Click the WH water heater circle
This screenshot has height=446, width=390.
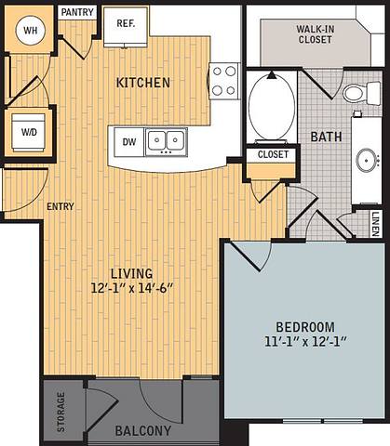pos(30,31)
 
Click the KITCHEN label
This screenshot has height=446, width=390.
pos(142,83)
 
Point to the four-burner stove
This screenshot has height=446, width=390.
pos(224,80)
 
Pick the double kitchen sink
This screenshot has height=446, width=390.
pos(166,141)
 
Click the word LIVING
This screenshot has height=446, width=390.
pos(131,272)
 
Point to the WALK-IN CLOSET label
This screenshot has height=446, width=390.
pos(316,35)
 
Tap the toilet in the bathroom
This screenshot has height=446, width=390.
pos(355,93)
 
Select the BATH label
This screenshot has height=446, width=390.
pos(326,137)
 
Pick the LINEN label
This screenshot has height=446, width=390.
pos(375,223)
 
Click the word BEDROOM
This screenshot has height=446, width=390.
pos(304,326)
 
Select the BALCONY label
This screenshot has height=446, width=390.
pos(142,431)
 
